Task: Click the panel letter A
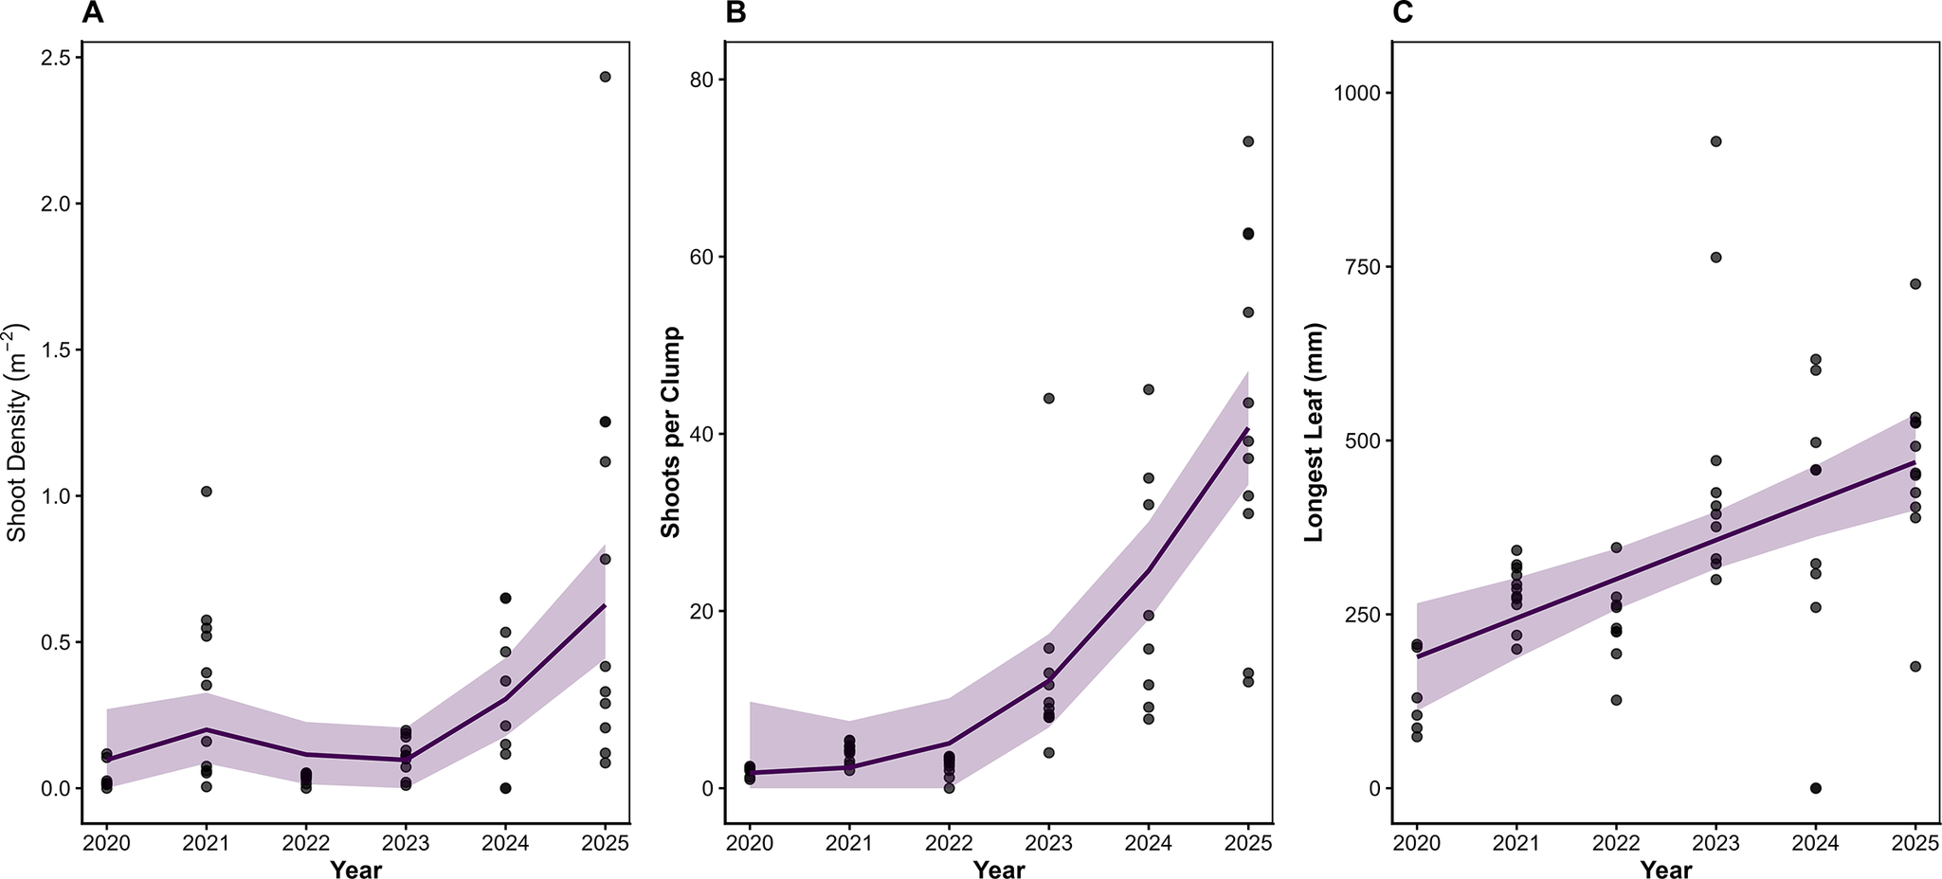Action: (x=92, y=13)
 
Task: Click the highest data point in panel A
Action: (x=606, y=77)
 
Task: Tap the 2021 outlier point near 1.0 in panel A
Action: (x=206, y=491)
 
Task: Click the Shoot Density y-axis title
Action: (x=17, y=433)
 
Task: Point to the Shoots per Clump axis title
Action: (x=671, y=433)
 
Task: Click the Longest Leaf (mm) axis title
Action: (x=1314, y=433)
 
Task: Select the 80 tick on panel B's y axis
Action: (x=702, y=80)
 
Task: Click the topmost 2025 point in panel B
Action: (x=1248, y=141)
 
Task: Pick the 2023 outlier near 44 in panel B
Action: (x=1048, y=398)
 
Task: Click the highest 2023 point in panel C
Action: (x=1715, y=141)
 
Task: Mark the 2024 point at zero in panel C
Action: (x=1815, y=788)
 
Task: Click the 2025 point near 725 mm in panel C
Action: (x=1915, y=284)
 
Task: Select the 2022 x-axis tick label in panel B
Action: (x=949, y=843)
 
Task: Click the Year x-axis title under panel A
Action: (x=355, y=870)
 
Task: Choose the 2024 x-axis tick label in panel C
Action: (x=1815, y=843)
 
